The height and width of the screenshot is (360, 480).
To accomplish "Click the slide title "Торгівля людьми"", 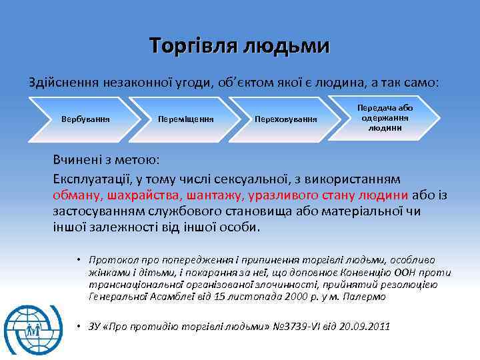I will click(239, 45).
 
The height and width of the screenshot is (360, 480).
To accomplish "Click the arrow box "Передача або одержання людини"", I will click(386, 117).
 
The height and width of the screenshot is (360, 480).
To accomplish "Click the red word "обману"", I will click(76, 195).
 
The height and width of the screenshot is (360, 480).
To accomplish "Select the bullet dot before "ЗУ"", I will click(78, 326).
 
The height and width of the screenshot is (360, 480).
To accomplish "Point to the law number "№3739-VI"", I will click(294, 327).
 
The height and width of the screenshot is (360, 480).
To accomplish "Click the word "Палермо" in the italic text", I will click(366, 296).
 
